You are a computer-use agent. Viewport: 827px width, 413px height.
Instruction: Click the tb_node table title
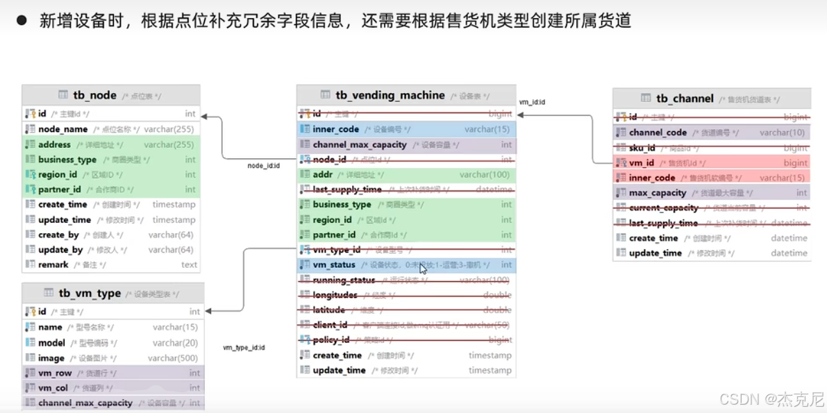94,96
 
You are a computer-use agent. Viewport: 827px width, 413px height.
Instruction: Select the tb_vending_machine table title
390,95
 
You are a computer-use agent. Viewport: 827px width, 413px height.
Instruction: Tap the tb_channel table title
685,99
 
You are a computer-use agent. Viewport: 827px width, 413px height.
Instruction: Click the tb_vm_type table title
90,293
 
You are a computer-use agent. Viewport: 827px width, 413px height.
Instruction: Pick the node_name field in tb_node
63,129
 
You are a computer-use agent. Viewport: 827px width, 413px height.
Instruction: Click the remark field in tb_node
53,264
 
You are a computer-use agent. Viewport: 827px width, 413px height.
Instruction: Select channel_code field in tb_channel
658,133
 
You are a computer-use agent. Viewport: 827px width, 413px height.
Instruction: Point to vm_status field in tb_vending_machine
334,265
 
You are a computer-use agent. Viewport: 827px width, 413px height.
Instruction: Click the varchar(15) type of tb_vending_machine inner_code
487,129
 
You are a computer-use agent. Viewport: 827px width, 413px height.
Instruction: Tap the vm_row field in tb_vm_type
55,373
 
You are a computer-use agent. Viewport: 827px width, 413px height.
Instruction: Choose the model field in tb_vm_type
52,343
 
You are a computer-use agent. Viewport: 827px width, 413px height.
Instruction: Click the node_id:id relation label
263,166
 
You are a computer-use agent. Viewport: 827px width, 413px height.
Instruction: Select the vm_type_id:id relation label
244,347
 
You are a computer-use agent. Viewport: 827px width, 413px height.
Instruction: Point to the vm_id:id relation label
532,102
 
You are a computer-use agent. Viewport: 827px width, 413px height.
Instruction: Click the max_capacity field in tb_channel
658,193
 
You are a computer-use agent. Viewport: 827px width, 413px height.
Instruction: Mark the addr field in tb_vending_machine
323,175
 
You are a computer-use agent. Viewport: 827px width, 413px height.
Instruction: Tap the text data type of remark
189,264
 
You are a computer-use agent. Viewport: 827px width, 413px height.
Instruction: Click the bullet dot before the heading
22,21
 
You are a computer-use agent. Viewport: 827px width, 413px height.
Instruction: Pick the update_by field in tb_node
60,250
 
